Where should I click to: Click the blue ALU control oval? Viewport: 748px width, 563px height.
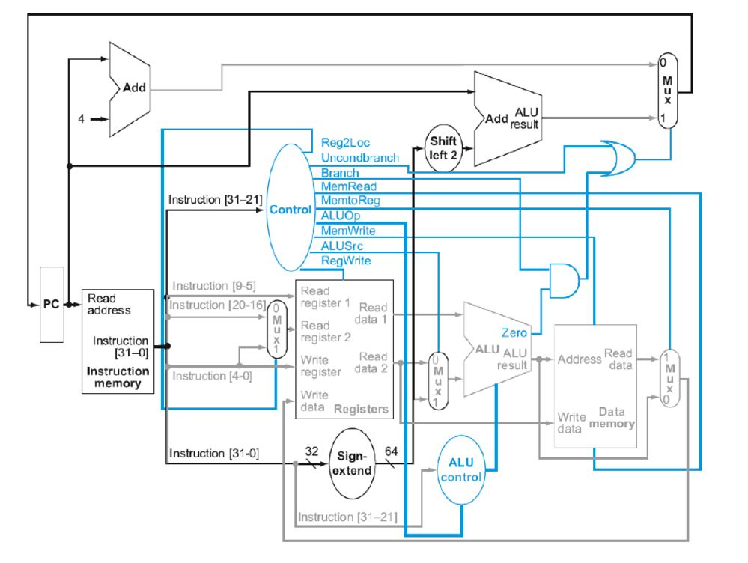(460, 469)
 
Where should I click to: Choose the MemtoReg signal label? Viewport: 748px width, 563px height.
(349, 201)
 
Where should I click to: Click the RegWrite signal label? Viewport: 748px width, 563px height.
(346, 260)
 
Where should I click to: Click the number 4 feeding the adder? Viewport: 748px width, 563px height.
(82, 118)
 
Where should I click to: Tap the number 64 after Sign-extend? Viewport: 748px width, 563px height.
(392, 451)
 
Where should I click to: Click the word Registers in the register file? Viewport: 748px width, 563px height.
(362, 409)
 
